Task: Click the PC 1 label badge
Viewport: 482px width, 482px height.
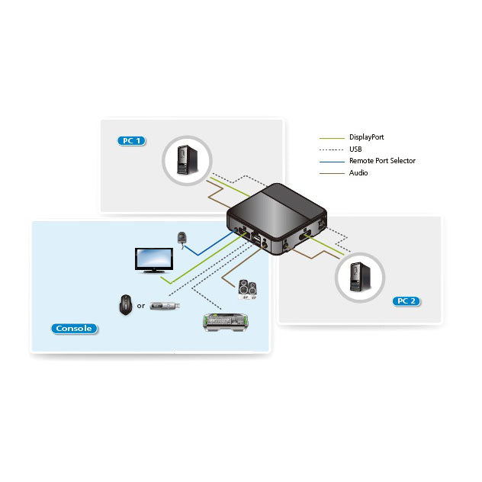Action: click(132, 140)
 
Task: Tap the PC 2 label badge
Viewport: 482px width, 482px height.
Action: click(406, 300)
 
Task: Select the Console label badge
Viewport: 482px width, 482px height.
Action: click(74, 329)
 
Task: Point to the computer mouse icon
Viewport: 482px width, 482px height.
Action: click(126, 305)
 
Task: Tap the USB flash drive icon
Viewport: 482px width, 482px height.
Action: click(165, 306)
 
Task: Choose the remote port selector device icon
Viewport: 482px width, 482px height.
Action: click(182, 238)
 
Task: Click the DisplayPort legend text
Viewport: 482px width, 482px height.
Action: click(366, 137)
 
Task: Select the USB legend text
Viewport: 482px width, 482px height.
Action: click(356, 149)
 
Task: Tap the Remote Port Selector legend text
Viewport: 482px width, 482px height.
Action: click(382, 160)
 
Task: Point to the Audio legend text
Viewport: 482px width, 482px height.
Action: click(358, 172)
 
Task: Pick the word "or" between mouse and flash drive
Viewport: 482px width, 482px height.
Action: click(141, 306)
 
